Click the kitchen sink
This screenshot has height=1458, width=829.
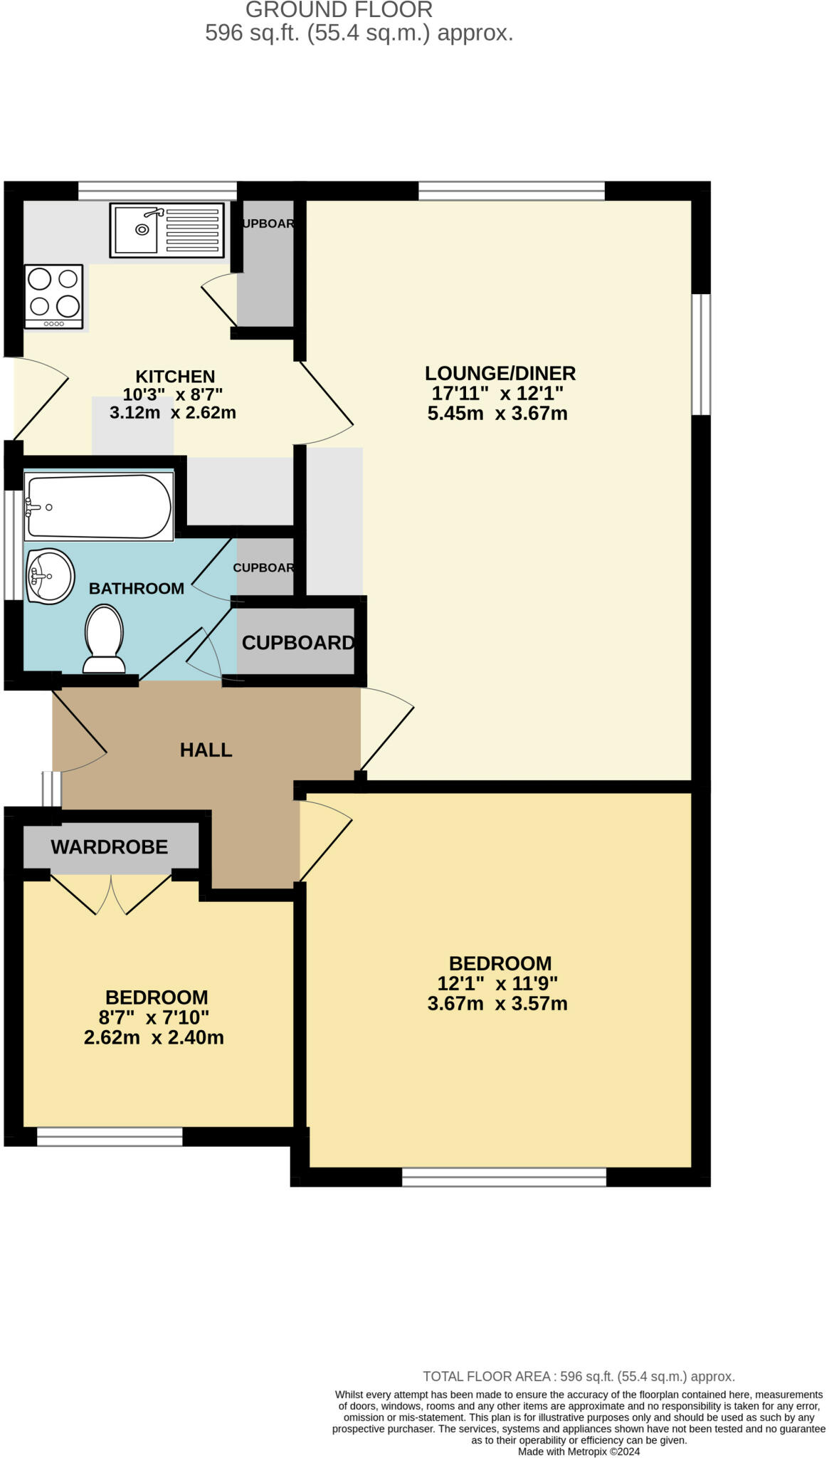point(167,230)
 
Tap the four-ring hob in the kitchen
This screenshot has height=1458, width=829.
point(54,297)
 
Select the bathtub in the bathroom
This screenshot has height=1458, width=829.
point(99,506)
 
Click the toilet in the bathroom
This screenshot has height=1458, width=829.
point(105,639)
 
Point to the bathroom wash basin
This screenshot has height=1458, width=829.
point(51,576)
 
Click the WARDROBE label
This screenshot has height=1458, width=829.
point(110,846)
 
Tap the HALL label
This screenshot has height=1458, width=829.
point(206,750)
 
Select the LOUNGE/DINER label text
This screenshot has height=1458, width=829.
point(500,373)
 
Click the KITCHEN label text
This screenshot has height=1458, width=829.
point(175,376)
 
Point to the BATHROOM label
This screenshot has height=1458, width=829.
point(137,588)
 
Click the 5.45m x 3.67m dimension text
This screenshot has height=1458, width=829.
point(497,413)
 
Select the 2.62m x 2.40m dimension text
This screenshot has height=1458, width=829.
point(154,1037)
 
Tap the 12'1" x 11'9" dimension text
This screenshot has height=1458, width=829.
point(497,983)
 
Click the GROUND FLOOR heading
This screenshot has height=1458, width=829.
point(339,10)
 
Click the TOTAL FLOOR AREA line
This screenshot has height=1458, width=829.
point(579,1376)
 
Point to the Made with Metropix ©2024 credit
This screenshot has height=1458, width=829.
point(579,1452)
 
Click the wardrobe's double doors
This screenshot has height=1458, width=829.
point(111,893)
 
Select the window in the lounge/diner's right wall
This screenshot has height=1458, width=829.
point(701,354)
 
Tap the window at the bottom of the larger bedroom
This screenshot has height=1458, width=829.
point(504,1177)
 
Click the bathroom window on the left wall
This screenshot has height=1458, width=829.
point(14,535)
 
